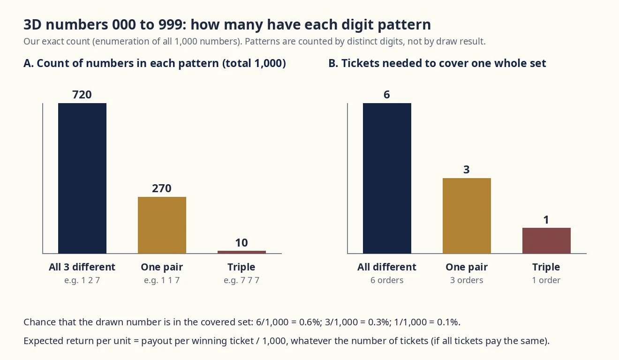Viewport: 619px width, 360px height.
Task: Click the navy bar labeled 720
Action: coord(82,178)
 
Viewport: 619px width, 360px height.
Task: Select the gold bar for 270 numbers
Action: coord(162,225)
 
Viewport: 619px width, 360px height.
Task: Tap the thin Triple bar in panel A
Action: coord(242,252)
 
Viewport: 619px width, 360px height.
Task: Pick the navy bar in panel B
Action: coord(387,178)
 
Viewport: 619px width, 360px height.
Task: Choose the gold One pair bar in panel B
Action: coord(467,216)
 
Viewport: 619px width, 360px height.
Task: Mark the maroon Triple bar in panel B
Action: coord(546,240)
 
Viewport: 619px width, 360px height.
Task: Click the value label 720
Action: coord(82,95)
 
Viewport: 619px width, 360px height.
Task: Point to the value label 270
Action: coord(162,188)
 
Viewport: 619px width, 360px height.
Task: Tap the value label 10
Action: coord(242,243)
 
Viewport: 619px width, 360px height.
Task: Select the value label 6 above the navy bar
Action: coord(387,95)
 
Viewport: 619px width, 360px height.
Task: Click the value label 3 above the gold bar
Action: coord(467,170)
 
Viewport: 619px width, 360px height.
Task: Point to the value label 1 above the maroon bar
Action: coord(546,220)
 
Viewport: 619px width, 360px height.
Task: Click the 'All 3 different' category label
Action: coord(82,267)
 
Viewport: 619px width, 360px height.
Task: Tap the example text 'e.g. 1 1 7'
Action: coord(162,280)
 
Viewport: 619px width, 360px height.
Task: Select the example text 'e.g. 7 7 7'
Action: coord(242,280)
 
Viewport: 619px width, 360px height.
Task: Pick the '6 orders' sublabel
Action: coord(387,280)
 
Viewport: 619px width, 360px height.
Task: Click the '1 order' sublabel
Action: coord(546,280)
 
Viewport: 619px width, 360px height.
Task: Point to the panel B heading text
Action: coord(437,63)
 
